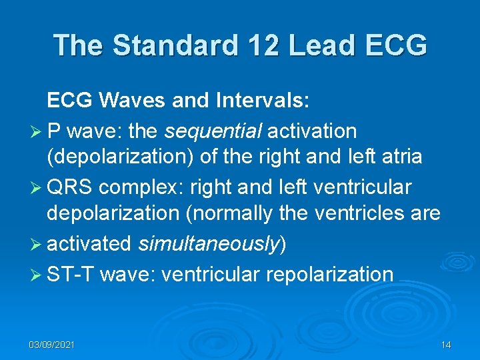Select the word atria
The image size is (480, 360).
(x=399, y=157)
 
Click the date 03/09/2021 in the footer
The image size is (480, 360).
(x=51, y=345)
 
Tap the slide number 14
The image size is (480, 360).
(x=446, y=345)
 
